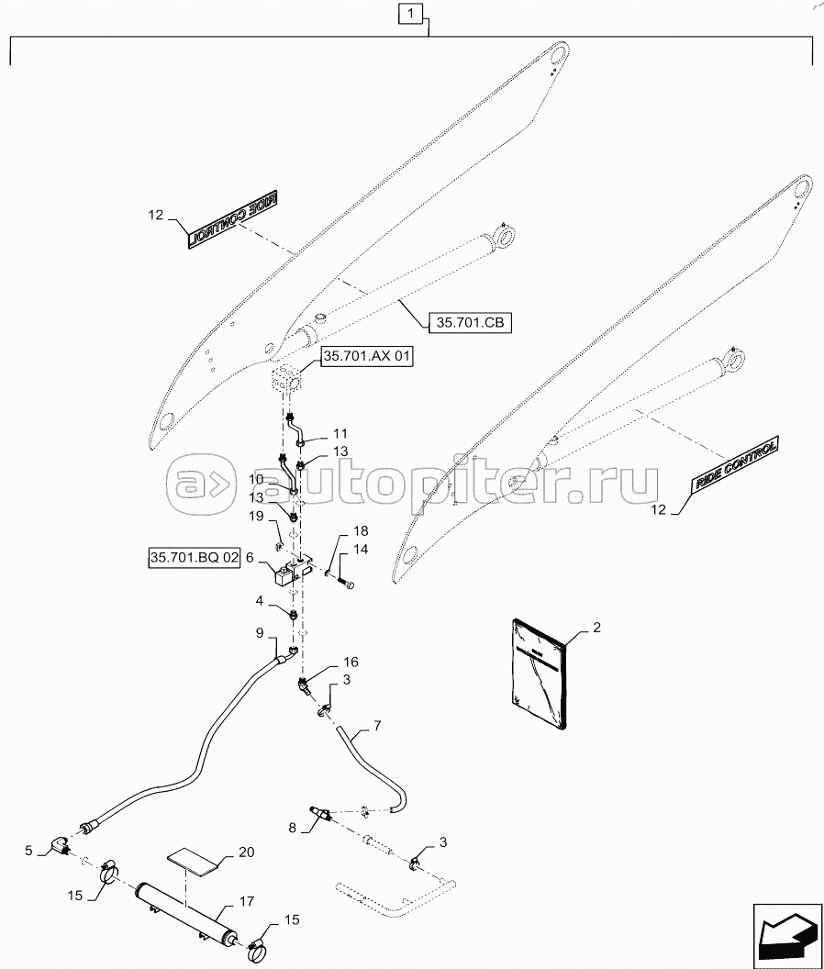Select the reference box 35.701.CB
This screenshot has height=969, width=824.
[469, 322]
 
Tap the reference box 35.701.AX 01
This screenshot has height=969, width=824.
[365, 358]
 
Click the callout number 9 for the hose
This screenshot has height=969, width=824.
[260, 632]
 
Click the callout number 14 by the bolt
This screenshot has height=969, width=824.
[360, 549]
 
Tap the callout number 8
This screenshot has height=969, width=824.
[293, 827]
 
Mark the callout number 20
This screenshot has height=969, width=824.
[245, 852]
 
